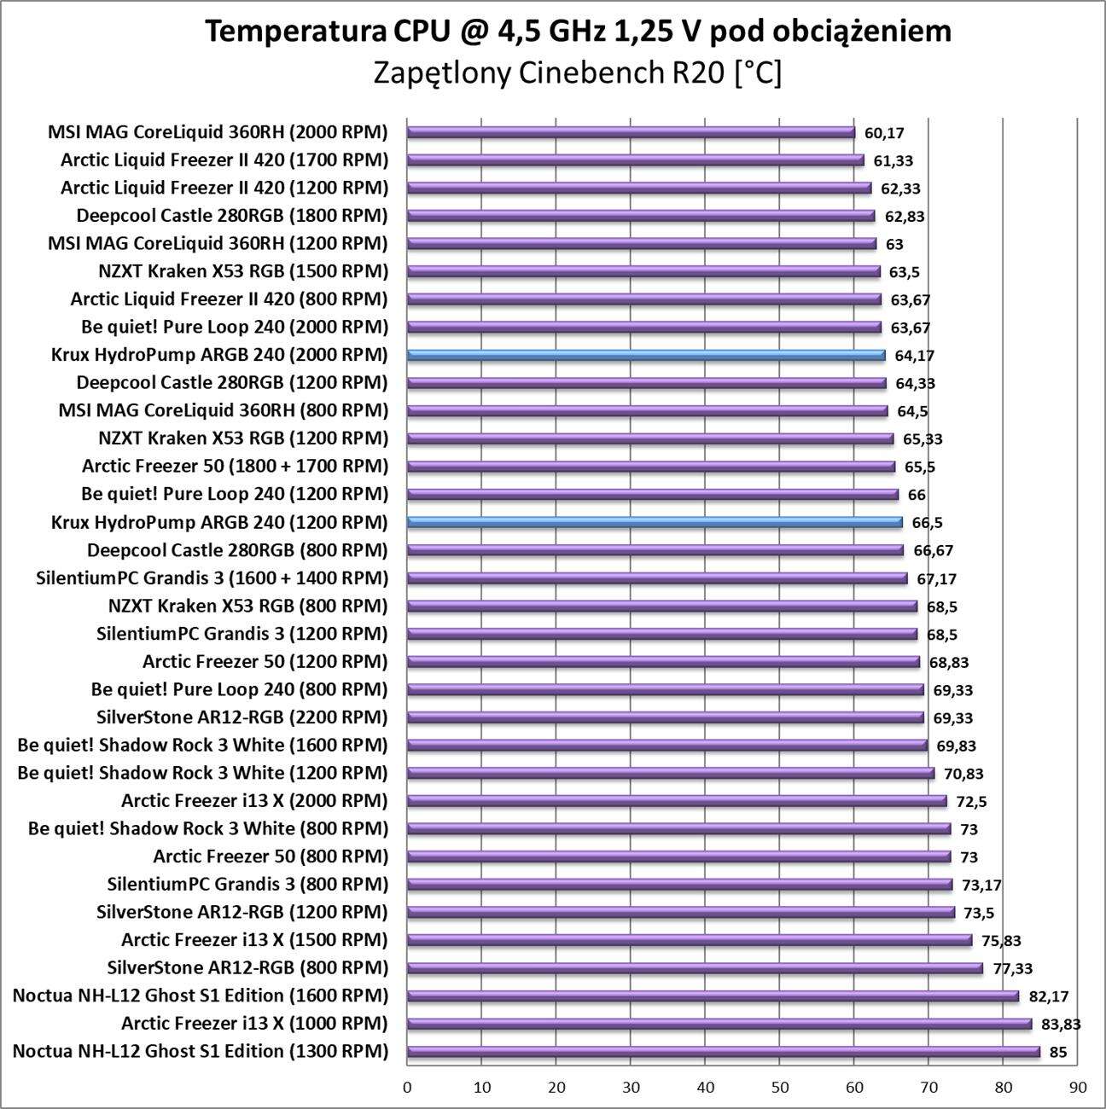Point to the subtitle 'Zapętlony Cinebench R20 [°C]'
pos(578,73)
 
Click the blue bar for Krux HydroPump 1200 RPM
pos(655,522)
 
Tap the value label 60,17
pos(884,133)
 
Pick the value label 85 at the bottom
pos(1057,1053)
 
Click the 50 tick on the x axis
pos(779,1088)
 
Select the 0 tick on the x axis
pos(407,1088)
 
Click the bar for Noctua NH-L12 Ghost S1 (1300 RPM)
pos(724,1052)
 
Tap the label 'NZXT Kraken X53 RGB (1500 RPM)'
pos(243,271)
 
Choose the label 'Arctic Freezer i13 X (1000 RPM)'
pos(254,1024)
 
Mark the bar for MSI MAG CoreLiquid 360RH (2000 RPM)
pos(631,132)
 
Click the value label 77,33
pos(1012,969)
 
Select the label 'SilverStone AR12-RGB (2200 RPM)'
pos(242,717)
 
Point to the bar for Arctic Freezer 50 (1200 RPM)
pos(663,662)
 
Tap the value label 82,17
pos(1048,996)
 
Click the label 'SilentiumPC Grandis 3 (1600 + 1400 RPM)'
pos(212,578)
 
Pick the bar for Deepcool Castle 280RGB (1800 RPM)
pos(641,216)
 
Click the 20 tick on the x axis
pos(556,1088)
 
